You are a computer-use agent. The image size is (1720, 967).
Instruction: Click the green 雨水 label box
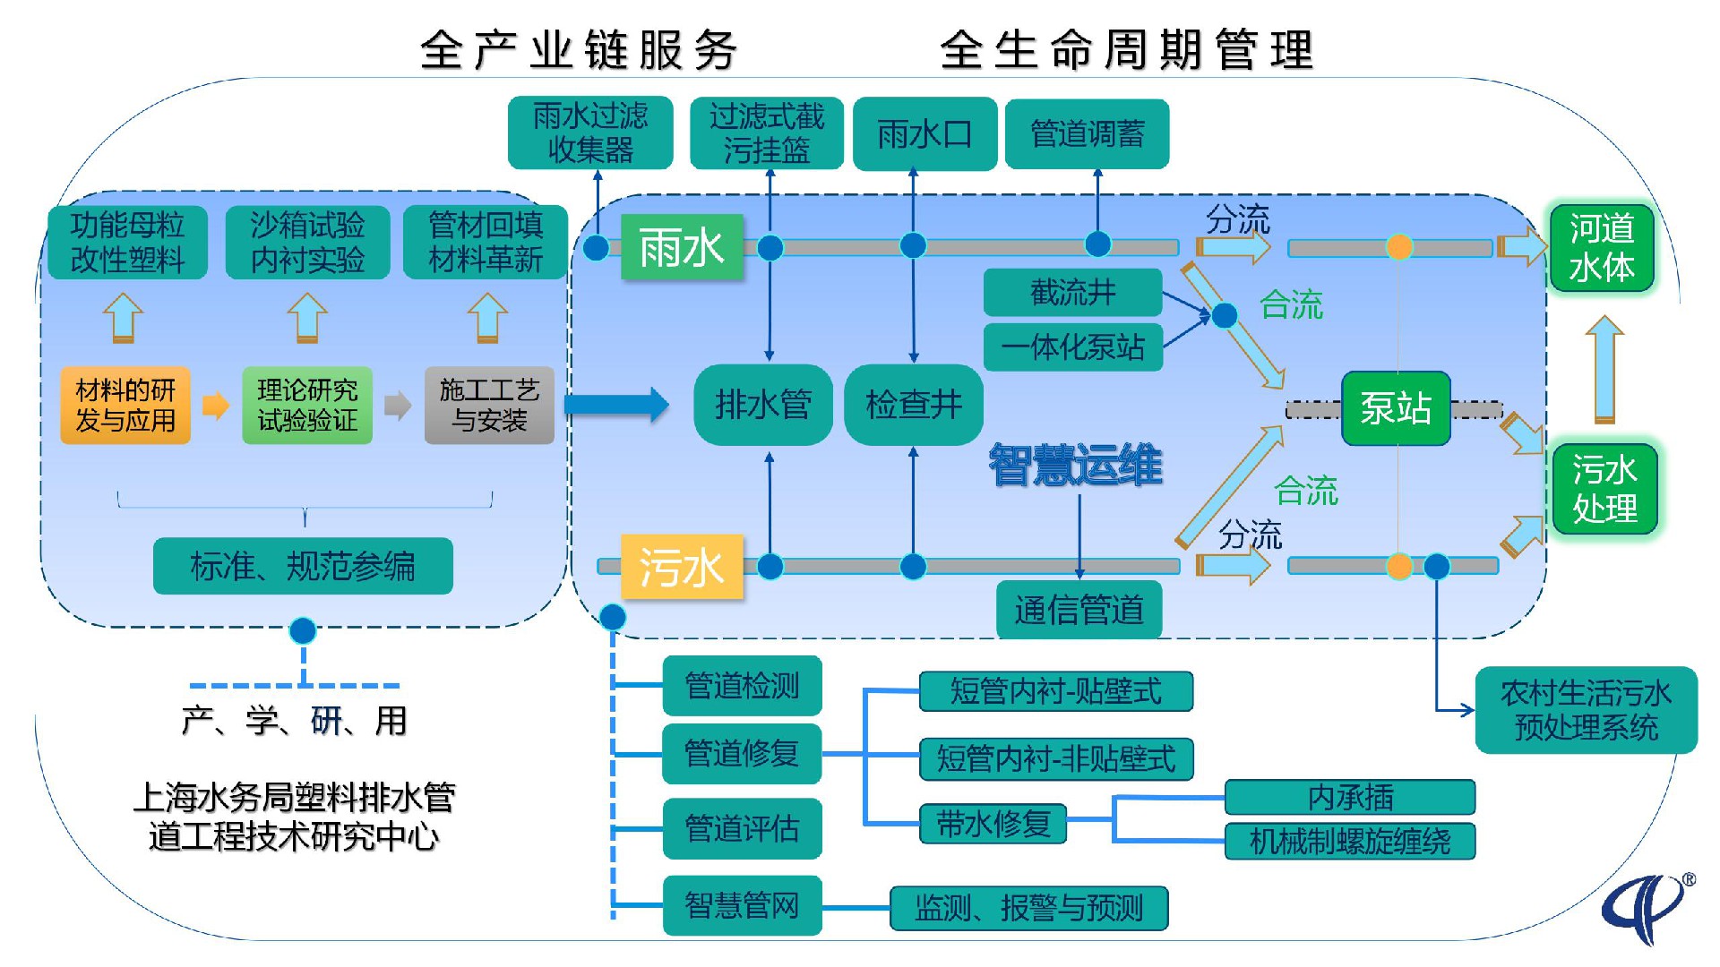[x=682, y=247]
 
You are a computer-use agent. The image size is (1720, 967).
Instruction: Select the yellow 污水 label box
[x=682, y=567]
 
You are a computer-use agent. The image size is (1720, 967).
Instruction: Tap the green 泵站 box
[x=1395, y=408]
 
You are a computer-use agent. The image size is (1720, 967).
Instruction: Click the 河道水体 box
[x=1602, y=248]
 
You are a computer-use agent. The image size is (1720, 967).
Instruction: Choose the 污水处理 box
[x=1604, y=489]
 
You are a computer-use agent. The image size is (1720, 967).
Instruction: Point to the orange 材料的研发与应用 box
[x=125, y=406]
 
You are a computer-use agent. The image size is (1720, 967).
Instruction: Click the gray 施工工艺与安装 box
[x=489, y=406]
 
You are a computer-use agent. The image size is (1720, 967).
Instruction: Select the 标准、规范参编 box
[x=303, y=566]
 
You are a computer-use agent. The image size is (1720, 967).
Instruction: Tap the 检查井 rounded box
[x=914, y=405]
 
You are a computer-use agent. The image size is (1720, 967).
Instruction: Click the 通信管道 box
[x=1079, y=610]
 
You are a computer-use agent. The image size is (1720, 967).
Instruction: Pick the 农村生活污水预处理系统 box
[x=1586, y=710]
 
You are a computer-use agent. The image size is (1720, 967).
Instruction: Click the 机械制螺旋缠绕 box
[x=1349, y=841]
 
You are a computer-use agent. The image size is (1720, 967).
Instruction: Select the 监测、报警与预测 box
[x=1028, y=908]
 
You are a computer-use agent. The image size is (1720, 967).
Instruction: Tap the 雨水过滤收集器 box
[x=589, y=133]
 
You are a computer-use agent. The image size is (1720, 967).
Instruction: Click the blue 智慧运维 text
[x=1075, y=466]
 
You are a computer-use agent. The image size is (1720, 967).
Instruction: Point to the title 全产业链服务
[x=579, y=49]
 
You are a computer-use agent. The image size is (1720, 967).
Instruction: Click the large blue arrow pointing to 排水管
[x=616, y=405]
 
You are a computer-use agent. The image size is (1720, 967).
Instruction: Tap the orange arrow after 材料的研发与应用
[x=215, y=406]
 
